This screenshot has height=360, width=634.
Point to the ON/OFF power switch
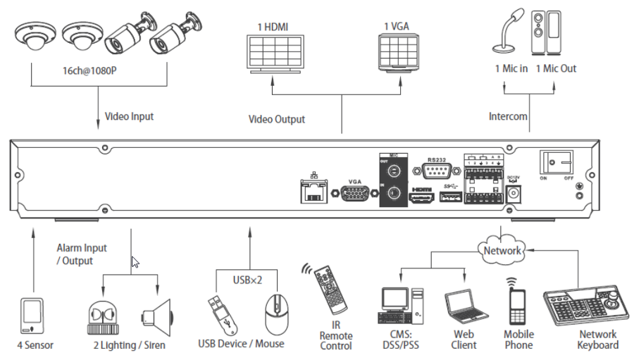[556, 163]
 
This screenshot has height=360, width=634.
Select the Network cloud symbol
[502, 250]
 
